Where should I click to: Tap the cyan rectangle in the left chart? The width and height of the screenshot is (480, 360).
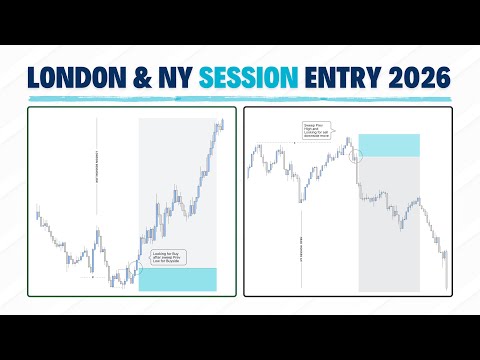click(176, 279)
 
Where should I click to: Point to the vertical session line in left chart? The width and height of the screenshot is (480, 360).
click(97, 180)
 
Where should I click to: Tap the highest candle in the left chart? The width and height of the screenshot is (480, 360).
click(220, 122)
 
